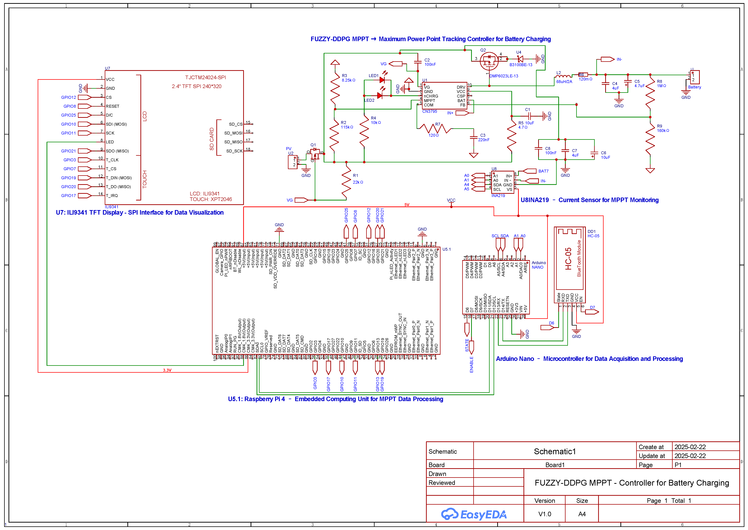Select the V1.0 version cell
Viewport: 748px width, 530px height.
pos(545,514)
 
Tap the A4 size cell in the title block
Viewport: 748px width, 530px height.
pos(582,514)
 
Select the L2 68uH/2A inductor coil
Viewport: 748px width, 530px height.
pos(563,76)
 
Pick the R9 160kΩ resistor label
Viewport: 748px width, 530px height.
pos(662,128)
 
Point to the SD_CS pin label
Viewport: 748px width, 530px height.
pos(236,124)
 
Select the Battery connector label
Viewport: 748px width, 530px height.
pos(694,87)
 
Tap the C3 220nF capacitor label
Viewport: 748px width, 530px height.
pos(483,137)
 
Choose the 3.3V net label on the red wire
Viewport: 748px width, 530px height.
pos(167,370)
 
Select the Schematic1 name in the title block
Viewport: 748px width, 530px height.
pos(554,451)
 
